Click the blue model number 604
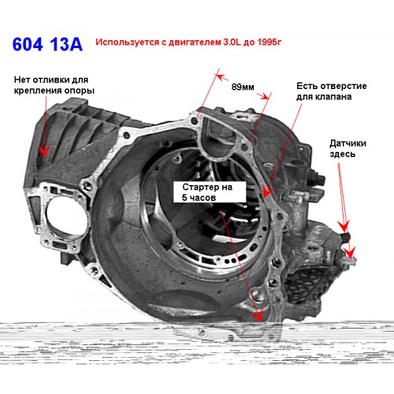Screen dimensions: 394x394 (28, 44)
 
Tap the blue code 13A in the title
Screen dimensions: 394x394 (65, 44)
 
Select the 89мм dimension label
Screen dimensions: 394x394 (243, 87)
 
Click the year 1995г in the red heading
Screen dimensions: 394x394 (269, 42)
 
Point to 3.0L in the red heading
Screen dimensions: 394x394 (232, 42)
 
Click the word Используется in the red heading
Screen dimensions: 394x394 (128, 43)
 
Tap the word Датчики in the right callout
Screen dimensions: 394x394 (348, 143)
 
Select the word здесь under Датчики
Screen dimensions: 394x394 (343, 154)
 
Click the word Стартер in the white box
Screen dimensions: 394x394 (199, 188)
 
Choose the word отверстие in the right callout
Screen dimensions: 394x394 (346, 86)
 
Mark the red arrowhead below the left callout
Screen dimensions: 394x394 (45, 151)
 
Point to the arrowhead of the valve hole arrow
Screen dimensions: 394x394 (267, 192)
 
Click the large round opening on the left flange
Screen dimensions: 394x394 (65, 217)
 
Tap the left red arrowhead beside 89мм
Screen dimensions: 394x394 (221, 77)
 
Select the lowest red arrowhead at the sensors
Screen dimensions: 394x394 (350, 253)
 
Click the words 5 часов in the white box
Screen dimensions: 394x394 (199, 198)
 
